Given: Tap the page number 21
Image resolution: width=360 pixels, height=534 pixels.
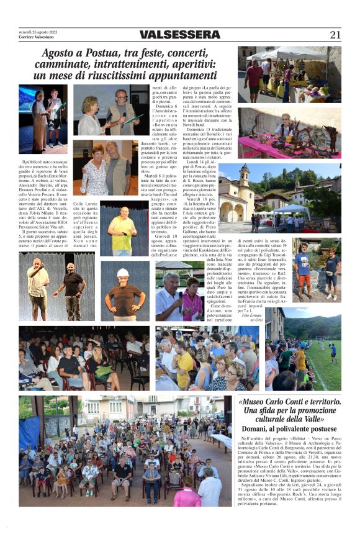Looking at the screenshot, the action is (335, 35).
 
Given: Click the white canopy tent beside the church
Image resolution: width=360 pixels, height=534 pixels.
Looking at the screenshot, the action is (290, 210).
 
